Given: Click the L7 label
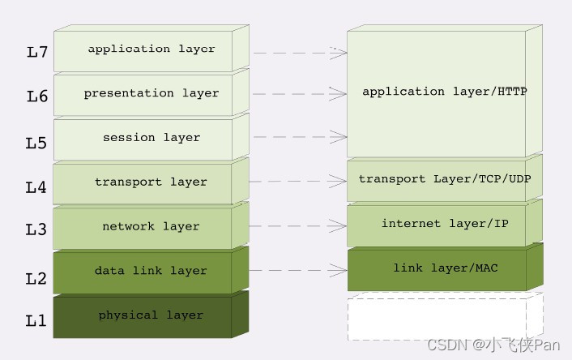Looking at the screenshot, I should coord(37,53).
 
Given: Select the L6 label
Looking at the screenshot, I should coord(37,96).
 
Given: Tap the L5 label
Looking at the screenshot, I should coord(36,144).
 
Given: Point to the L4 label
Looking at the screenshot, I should coord(36,187).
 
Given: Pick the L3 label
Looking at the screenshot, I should coord(36,230).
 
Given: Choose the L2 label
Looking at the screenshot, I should coord(36,279).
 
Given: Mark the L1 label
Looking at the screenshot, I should coord(36,321).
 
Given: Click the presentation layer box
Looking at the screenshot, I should coord(151,94).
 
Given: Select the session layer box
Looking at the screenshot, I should coord(151,138).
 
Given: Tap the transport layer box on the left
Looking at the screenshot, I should coord(151,182).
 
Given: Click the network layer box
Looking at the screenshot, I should coord(151,227).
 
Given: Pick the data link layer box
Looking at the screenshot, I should coord(151,272).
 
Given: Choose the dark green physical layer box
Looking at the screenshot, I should coord(151,315).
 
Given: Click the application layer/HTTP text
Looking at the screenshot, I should coord(444,92).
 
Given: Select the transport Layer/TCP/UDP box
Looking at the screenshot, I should coord(444,179).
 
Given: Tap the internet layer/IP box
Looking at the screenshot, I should coord(444,224).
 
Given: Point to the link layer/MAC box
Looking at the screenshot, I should coord(444,268).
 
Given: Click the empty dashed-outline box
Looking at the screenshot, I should coord(444,317).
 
